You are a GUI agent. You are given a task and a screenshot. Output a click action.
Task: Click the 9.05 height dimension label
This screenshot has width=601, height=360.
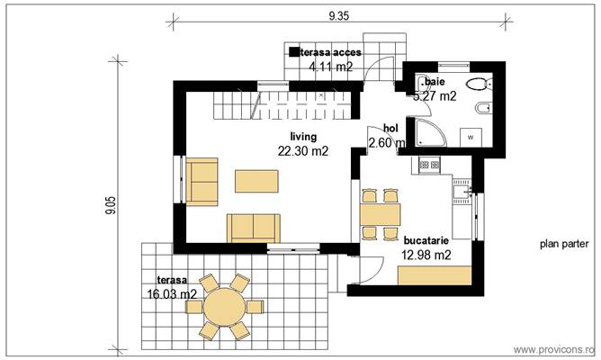pyautogui.click(x=110, y=207)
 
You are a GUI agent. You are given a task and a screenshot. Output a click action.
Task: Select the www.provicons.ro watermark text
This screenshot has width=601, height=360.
pyautogui.click(x=553, y=349)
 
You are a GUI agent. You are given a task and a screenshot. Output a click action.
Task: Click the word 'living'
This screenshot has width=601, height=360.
pyautogui.click(x=291, y=137)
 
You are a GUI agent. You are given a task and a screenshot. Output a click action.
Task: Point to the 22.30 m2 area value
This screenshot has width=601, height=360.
pyautogui.click(x=301, y=151)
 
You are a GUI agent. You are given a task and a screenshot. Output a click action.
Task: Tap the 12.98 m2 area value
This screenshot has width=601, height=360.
pyautogui.click(x=426, y=256)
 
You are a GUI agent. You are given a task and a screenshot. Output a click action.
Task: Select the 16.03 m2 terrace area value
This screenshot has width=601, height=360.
pyautogui.click(x=171, y=293)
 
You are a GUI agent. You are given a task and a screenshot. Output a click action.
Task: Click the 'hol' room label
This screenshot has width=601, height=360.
pyautogui.click(x=390, y=128)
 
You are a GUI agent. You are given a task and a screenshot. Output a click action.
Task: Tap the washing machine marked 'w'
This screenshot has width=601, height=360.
pyautogui.click(x=471, y=137)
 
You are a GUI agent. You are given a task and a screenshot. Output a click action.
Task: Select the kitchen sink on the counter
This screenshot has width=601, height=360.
pyautogui.click(x=462, y=191)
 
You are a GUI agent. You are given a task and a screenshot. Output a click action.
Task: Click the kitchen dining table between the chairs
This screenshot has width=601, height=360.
pyautogui.click(x=379, y=213)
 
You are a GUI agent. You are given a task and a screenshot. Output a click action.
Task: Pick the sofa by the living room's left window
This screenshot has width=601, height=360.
pyautogui.click(x=202, y=182)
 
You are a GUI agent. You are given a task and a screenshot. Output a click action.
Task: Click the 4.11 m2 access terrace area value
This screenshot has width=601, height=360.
pyautogui.click(x=330, y=67)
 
